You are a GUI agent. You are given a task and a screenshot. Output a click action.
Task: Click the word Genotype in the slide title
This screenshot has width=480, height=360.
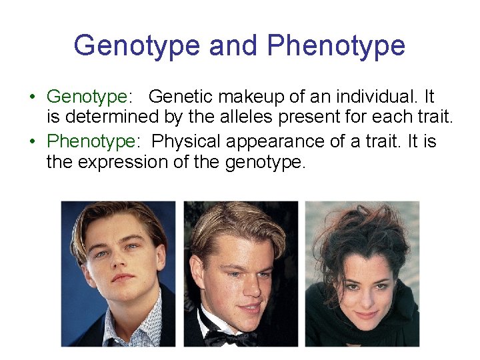click(137, 45)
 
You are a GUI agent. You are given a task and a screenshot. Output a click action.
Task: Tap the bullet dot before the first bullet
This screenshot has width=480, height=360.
click(32, 97)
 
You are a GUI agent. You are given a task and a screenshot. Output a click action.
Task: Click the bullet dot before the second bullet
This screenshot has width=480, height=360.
click(32, 141)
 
